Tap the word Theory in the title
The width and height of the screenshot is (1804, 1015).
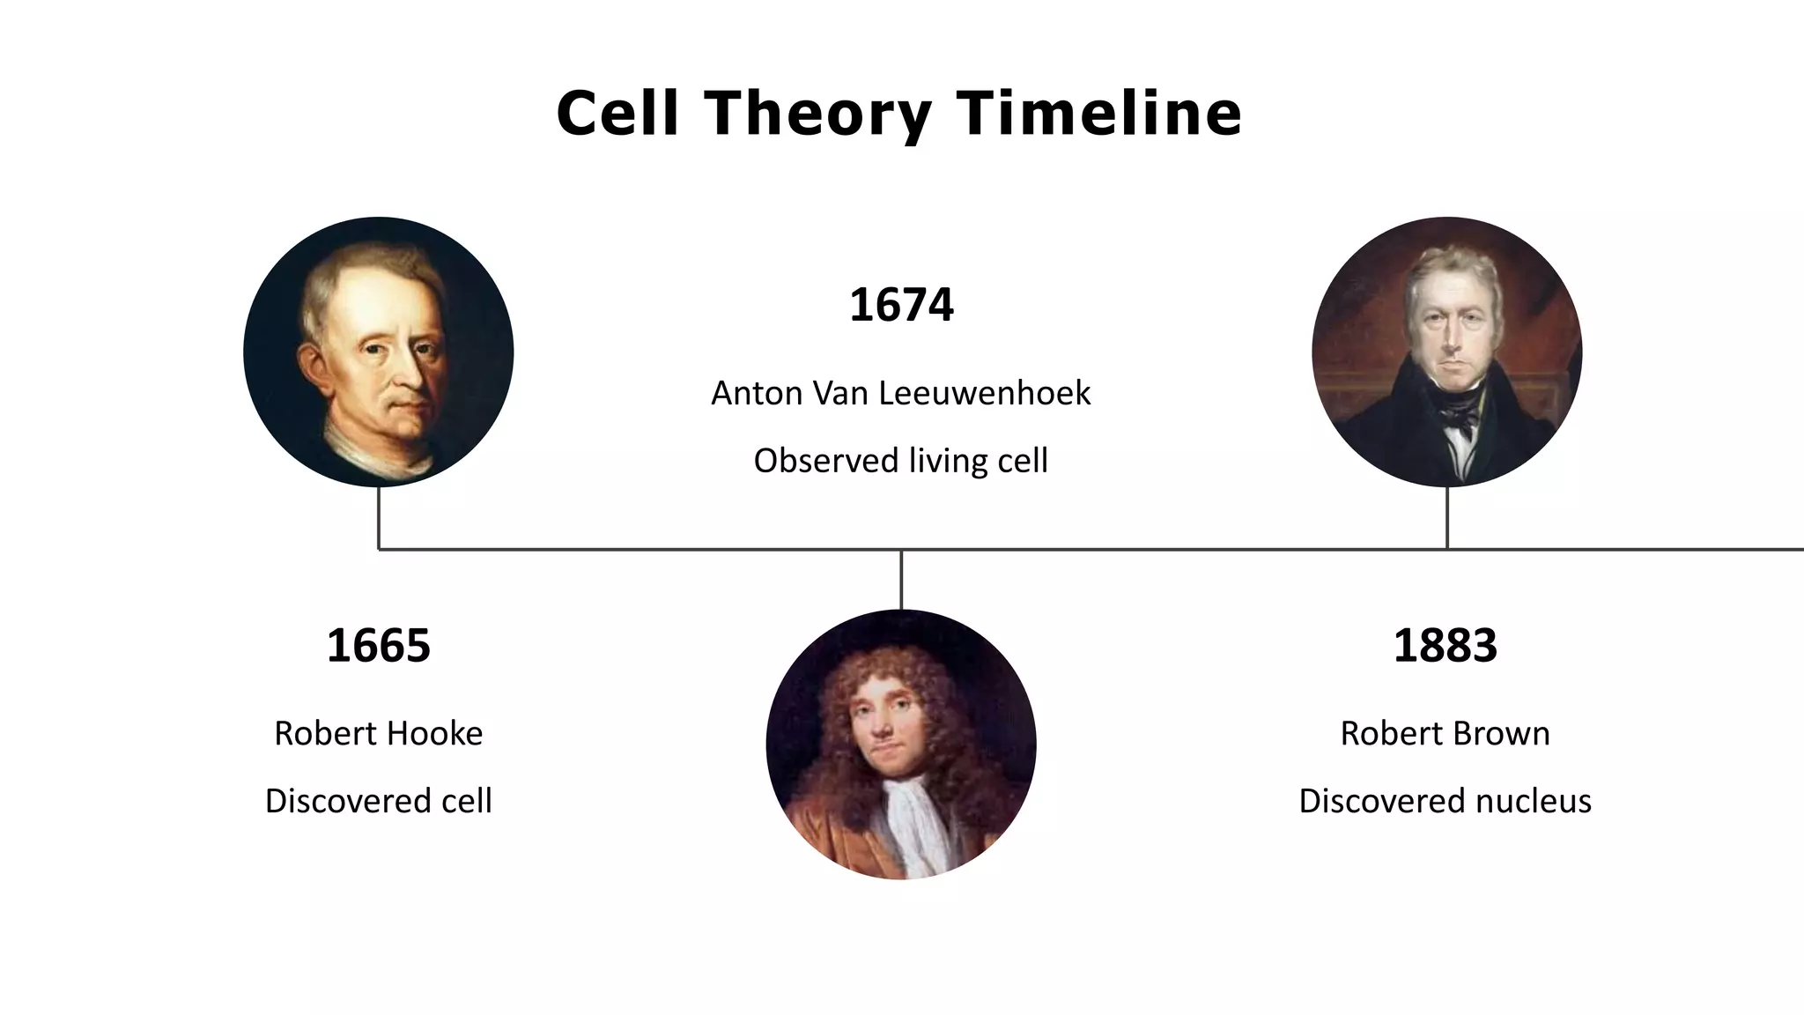coord(817,115)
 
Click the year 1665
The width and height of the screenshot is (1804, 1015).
coord(378,645)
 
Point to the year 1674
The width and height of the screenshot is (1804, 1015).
coord(901,305)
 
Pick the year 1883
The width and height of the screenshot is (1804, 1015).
coord(1445,645)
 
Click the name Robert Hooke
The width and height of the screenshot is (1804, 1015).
coord(378,733)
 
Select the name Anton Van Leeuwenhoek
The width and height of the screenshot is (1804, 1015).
coord(900,393)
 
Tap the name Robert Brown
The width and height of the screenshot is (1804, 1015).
coord(1445,733)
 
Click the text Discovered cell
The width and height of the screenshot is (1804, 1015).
coord(378,801)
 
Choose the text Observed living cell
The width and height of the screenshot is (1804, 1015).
coord(900,461)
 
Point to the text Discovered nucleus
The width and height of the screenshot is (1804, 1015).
coord(1445,801)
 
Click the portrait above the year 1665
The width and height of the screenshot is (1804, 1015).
coord(378,352)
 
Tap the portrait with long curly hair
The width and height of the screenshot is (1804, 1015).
coord(900,744)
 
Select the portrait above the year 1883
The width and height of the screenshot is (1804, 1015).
coord(1446,352)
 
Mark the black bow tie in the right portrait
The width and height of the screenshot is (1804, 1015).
coord(1458,416)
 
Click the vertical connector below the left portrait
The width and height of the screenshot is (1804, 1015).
coord(379,518)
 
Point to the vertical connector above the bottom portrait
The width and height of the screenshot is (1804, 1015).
coord(901,579)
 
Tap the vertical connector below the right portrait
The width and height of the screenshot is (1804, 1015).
coord(1447,518)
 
